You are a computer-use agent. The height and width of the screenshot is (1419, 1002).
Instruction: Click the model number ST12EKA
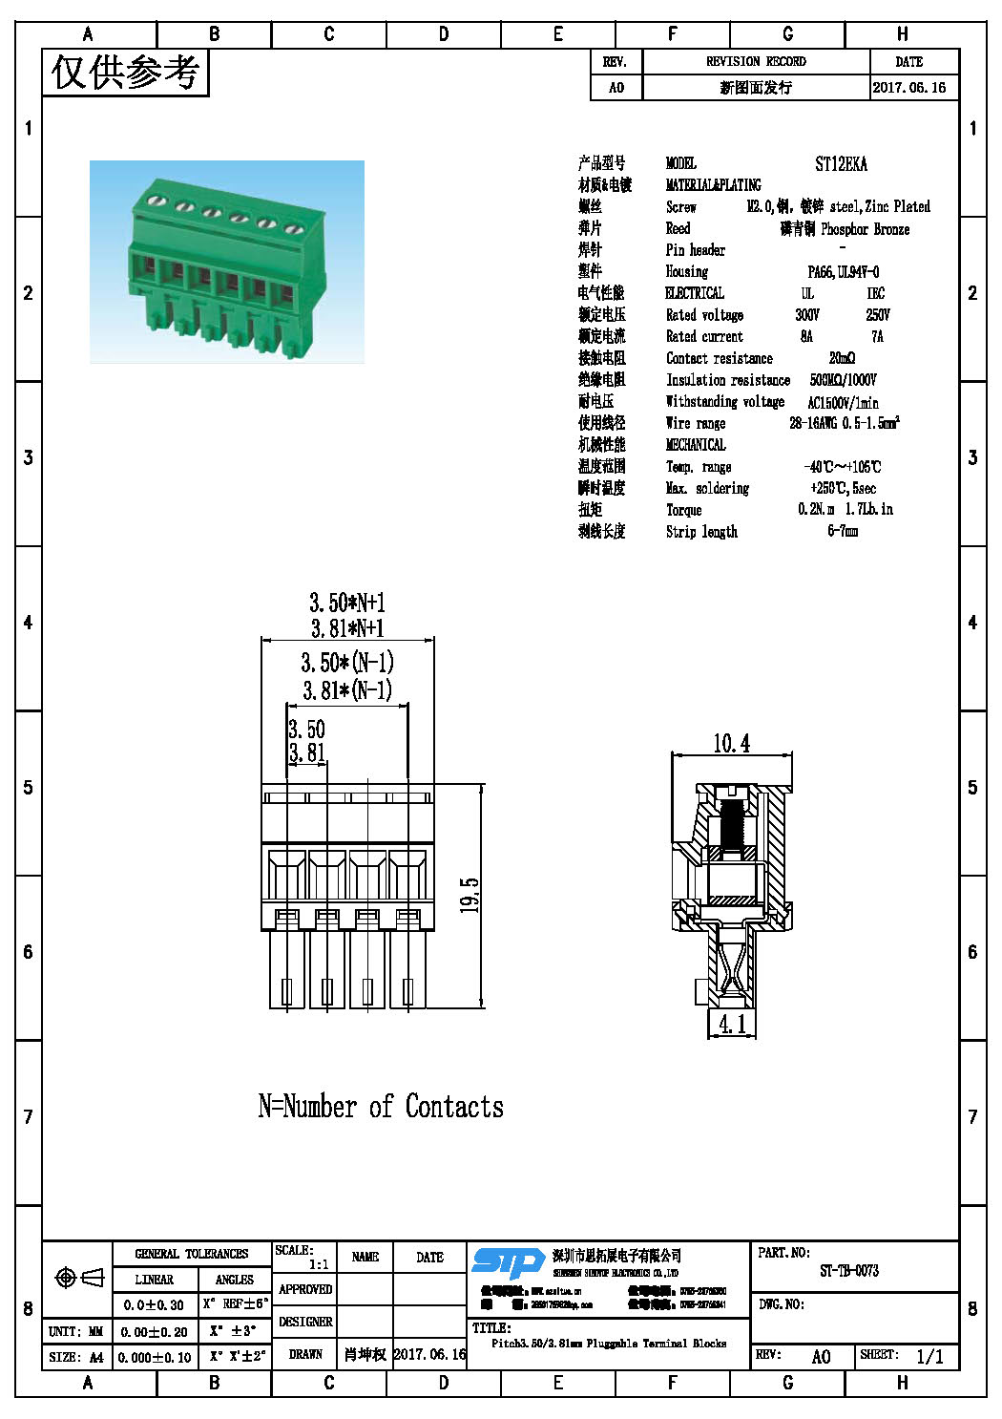coord(841,164)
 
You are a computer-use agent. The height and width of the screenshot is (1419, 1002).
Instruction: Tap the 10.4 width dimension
coord(731,743)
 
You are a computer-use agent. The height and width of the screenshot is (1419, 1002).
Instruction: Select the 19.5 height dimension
coord(470,895)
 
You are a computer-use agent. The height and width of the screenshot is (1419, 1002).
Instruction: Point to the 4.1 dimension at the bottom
coord(732,1025)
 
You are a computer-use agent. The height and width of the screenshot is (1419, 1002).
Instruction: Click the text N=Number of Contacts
coord(381,1106)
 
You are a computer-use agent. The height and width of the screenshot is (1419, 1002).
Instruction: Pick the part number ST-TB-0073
coord(849,1271)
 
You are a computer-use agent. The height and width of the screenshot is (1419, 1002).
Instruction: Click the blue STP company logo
coord(508,1262)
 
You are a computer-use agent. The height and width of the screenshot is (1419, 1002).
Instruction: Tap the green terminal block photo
coord(227,262)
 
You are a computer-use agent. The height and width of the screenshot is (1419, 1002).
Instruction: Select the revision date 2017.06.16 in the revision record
coord(908,87)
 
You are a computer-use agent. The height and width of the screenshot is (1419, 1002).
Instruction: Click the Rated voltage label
coord(704,315)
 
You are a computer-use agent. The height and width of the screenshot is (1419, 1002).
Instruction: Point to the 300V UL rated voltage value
coord(807,315)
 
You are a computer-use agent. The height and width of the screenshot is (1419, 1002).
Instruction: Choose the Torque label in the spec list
coord(683,510)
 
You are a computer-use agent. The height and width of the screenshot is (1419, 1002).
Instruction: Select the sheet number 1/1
coord(929,1356)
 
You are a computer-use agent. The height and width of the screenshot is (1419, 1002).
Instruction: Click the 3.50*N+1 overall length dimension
coord(346,603)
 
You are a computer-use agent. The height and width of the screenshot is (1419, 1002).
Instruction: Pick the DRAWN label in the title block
coord(305,1354)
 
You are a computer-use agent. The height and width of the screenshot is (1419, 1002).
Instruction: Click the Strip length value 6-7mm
coord(843,531)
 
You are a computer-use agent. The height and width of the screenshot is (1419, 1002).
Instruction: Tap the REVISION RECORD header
coord(756,61)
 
